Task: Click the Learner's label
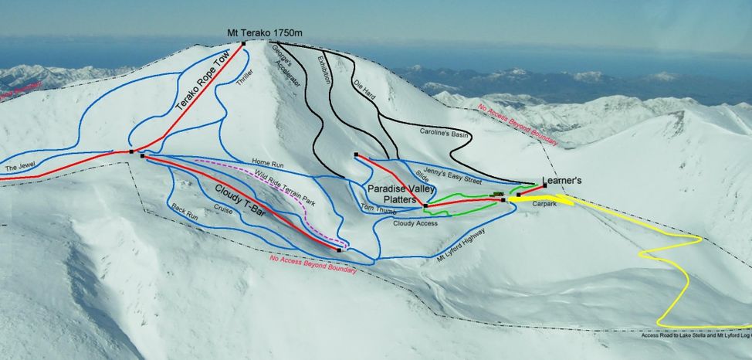coord(561,181)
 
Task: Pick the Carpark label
coord(544,203)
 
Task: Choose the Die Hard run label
coord(363,92)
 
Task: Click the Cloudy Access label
coord(415,223)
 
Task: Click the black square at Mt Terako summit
coord(243,43)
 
